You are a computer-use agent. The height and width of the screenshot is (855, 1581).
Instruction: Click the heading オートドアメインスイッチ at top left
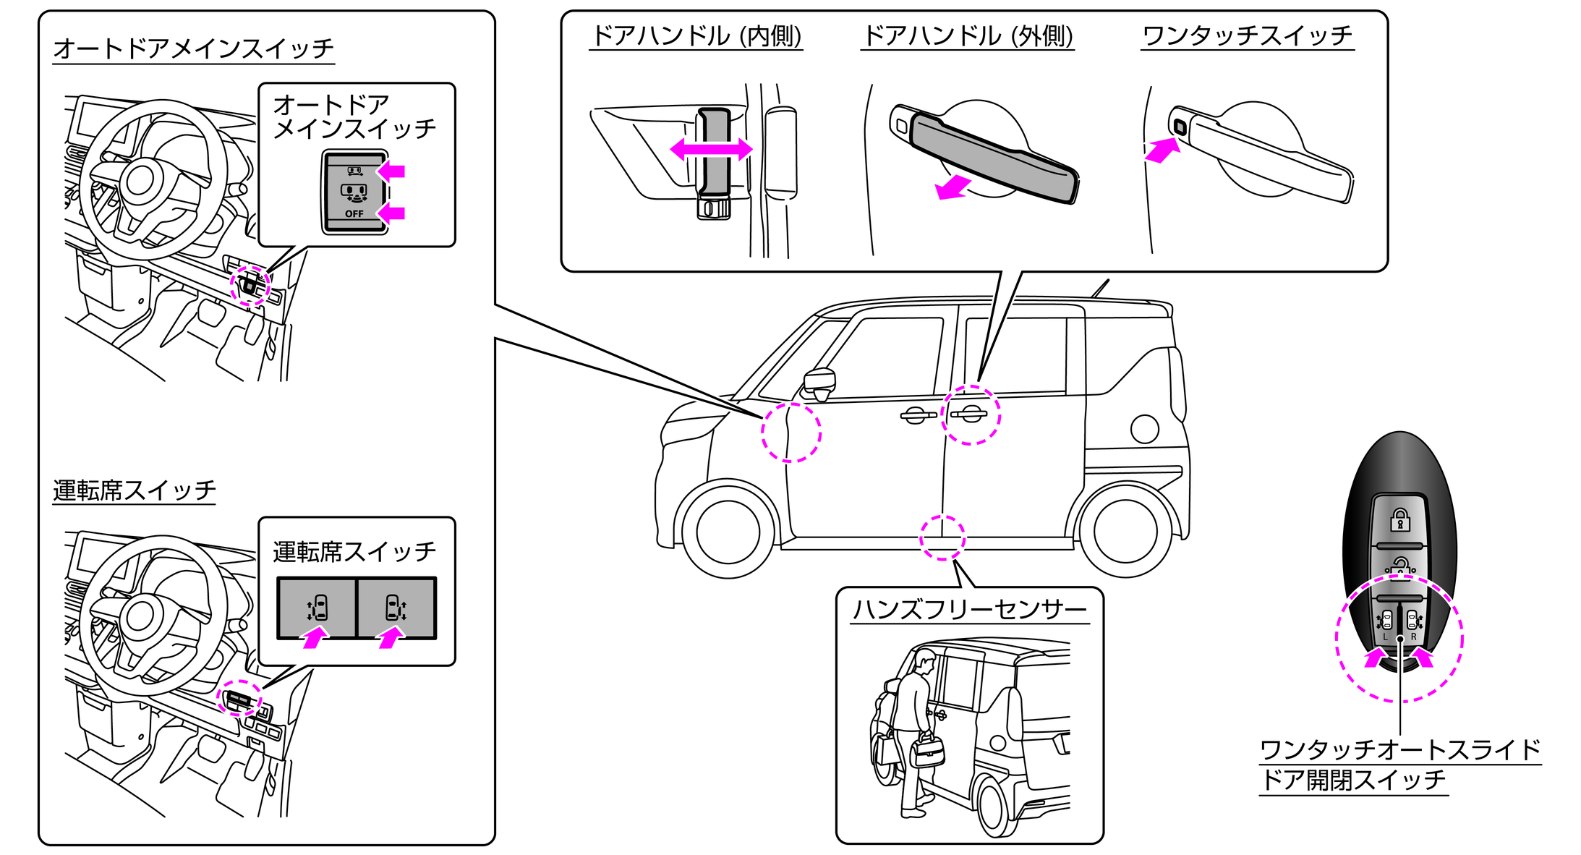[193, 48]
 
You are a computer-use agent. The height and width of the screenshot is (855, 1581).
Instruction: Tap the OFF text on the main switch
[354, 214]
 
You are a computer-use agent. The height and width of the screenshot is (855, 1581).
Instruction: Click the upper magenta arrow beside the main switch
[392, 171]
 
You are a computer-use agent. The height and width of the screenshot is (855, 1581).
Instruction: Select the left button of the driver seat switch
[317, 608]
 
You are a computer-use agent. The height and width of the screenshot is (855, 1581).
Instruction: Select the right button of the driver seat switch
[396, 608]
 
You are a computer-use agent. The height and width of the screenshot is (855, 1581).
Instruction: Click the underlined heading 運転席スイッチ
[134, 490]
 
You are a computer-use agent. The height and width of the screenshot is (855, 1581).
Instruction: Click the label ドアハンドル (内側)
[696, 35]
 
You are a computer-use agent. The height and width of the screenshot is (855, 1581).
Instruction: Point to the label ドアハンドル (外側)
[967, 35]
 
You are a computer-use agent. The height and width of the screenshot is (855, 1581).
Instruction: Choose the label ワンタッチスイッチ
[1247, 35]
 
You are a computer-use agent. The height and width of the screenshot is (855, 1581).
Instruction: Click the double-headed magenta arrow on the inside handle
[711, 150]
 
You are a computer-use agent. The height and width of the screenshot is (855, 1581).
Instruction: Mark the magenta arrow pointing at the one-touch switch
[1162, 150]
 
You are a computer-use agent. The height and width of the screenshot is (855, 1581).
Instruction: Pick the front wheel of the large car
[728, 531]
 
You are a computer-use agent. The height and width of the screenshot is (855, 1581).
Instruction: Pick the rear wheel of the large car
[1125, 531]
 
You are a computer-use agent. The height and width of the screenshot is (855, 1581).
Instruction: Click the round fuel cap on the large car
[1144, 429]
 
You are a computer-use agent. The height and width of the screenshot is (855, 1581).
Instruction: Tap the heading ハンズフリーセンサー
[968, 610]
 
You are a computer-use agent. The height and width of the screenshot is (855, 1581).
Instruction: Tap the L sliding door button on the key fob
[1386, 621]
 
